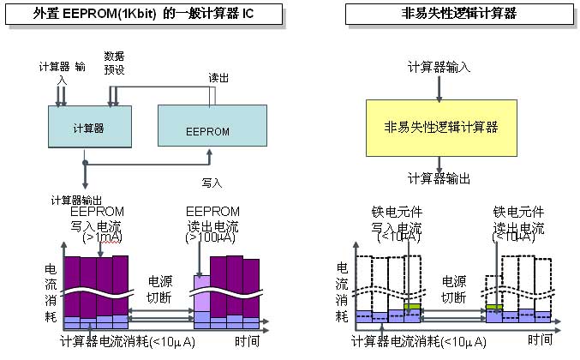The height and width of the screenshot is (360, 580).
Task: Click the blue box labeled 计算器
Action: (88, 129)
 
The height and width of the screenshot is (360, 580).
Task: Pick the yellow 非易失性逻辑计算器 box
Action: (441, 128)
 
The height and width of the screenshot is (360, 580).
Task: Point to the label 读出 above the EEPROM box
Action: (218, 77)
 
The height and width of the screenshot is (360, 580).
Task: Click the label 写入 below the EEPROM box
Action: (212, 182)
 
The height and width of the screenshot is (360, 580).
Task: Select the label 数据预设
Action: (114, 62)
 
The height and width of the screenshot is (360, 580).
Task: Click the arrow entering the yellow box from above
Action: (440, 88)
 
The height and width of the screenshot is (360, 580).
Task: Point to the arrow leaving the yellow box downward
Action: (440, 163)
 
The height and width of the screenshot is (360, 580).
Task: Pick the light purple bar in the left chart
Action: (202, 293)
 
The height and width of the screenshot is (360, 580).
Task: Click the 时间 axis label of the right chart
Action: (540, 340)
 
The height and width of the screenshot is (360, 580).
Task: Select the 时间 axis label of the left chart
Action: (248, 340)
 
